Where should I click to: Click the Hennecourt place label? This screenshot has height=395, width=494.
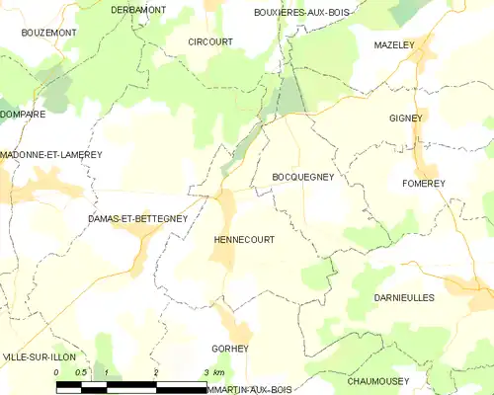pos(244,240)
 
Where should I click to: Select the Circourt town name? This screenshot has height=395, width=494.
pos(209,42)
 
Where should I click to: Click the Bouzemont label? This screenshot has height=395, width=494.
pos(48,33)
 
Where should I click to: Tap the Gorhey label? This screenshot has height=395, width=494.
pos(229,349)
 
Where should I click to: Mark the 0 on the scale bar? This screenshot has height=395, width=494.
pos(57,372)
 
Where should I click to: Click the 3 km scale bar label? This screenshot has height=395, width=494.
pos(214,372)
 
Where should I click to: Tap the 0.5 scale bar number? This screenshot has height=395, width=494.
pos(81,372)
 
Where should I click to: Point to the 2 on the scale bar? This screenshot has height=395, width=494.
pos(156,372)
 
